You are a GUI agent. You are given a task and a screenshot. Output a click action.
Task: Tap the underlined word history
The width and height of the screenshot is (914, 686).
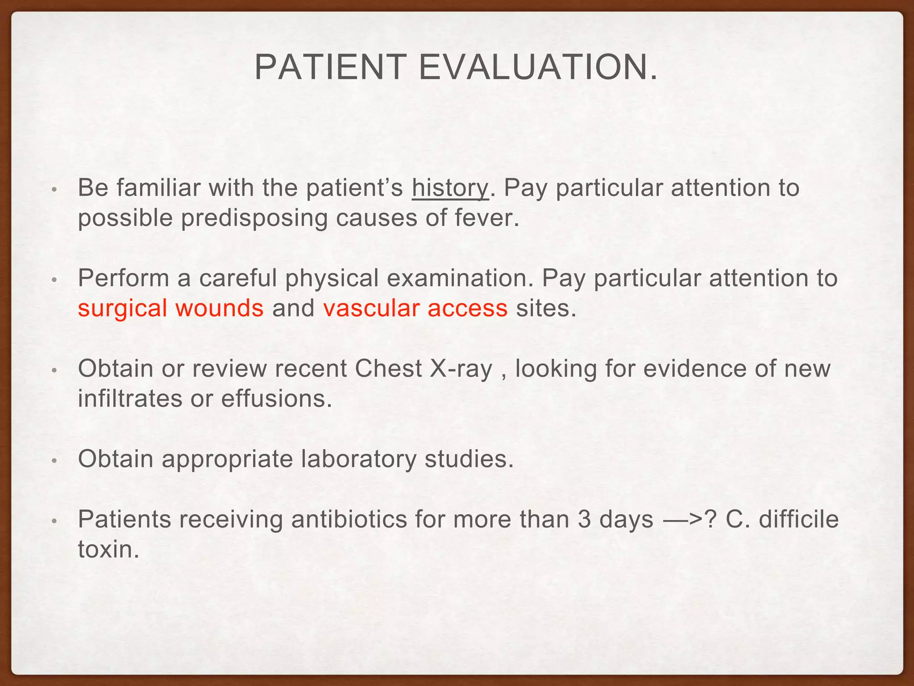point(450,188)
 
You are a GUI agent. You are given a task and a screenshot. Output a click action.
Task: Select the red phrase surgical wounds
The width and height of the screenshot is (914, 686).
point(170,308)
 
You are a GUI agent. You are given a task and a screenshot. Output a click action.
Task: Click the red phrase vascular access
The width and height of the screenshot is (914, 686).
point(415,308)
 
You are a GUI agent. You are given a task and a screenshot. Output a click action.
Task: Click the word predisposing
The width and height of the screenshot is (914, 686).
point(254,219)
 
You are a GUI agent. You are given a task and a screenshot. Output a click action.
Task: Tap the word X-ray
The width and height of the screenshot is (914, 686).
point(461,369)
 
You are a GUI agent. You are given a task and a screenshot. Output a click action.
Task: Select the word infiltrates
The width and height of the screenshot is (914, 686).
point(130,398)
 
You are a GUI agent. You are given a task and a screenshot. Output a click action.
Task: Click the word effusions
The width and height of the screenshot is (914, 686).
point(276,398)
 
